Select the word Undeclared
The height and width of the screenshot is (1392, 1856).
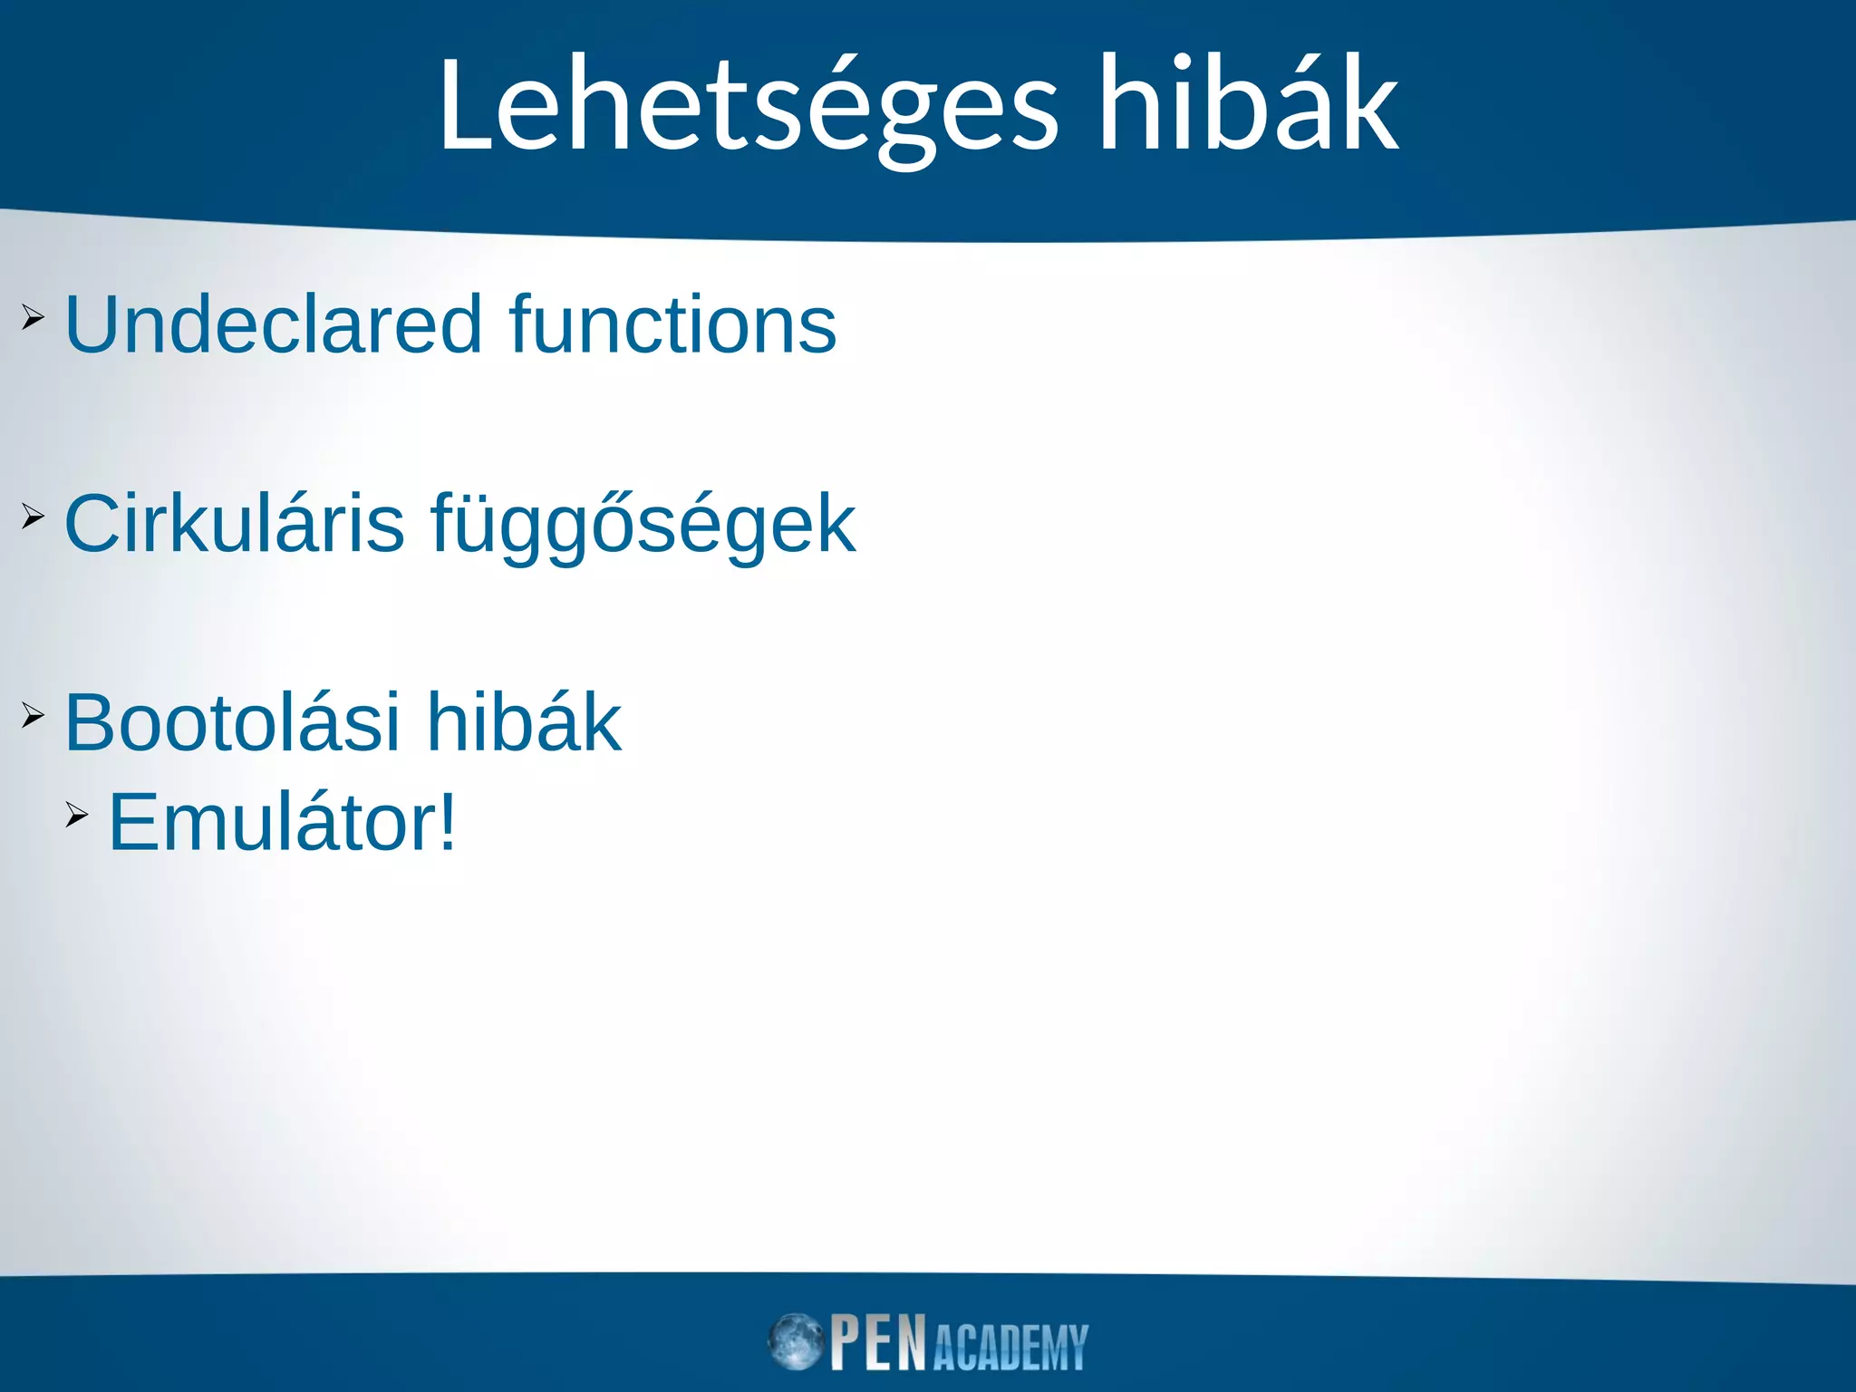click(273, 324)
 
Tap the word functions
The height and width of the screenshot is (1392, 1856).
click(672, 324)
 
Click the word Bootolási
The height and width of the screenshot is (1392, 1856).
click(232, 723)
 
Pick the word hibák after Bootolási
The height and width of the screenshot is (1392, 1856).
click(524, 723)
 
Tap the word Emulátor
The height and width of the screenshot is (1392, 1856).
click(272, 823)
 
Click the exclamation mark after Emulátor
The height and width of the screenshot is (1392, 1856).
click(447, 823)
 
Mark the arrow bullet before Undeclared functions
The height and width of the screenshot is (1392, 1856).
click(33, 317)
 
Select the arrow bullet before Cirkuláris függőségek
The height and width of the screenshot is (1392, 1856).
click(33, 517)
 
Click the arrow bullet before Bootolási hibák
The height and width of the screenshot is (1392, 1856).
click(33, 716)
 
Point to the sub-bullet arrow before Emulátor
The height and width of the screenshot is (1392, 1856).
click(77, 816)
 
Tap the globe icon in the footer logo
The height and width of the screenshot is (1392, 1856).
click(795, 1341)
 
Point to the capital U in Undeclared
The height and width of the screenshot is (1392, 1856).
click(92, 324)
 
